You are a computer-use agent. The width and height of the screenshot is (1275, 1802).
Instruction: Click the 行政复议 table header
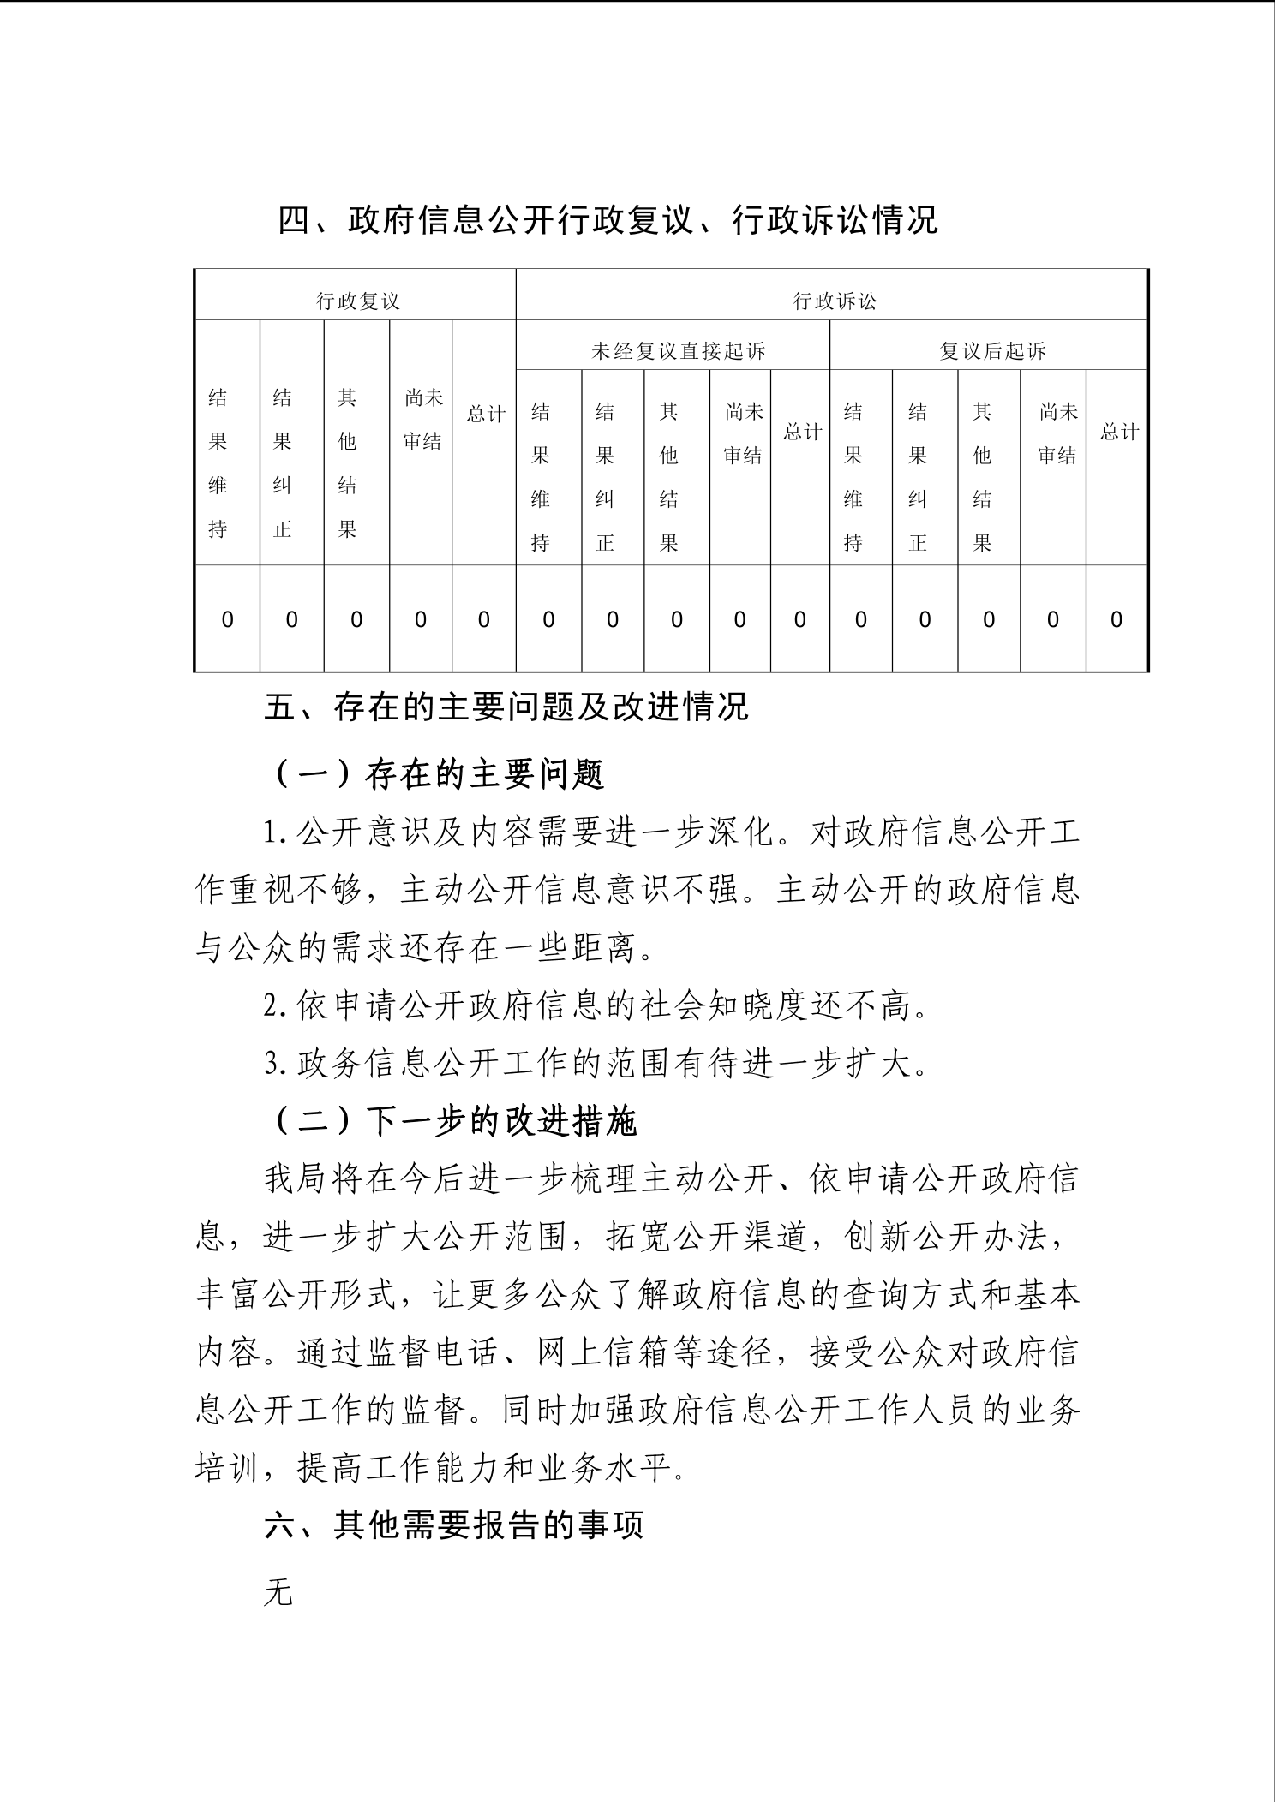358,301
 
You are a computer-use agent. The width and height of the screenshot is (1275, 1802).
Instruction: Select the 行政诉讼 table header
835,301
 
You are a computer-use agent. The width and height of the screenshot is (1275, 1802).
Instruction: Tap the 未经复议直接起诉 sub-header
678,351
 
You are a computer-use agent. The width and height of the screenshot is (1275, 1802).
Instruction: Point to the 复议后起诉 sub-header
992,351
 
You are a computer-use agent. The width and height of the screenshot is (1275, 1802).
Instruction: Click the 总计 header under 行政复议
485,415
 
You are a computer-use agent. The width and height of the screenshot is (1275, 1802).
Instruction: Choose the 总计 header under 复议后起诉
1119,433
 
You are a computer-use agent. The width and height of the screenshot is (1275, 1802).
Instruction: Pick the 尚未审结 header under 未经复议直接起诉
742,433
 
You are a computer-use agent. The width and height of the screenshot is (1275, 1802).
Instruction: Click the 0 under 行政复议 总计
484,619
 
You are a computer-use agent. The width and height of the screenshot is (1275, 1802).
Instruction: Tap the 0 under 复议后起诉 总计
1116,619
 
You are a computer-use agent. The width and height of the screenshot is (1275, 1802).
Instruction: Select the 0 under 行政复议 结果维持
227,619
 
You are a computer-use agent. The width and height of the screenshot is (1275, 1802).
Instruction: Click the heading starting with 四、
608,221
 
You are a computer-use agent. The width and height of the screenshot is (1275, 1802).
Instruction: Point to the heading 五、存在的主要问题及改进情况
506,707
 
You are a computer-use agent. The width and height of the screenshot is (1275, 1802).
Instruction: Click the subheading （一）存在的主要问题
440,774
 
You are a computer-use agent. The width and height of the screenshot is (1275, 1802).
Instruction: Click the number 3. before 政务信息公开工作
274,1065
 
